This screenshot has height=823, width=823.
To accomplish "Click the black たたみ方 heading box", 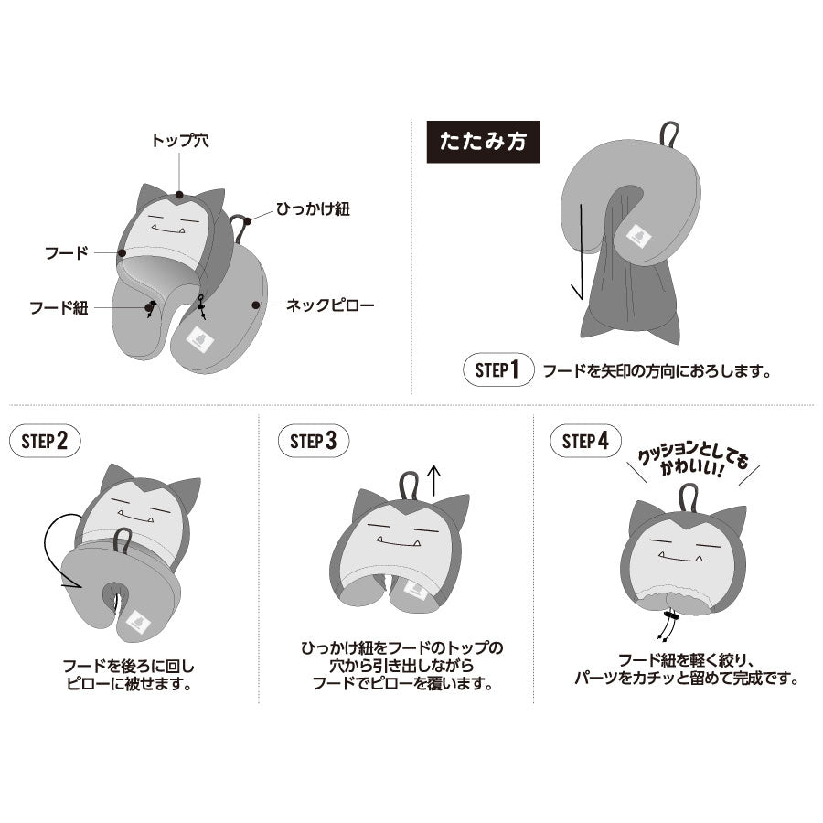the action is click(x=483, y=142).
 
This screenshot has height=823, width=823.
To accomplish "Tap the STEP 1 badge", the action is click(x=498, y=369).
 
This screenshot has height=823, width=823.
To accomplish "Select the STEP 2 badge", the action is click(x=45, y=441).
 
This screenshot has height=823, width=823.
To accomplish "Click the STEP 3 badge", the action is click(x=314, y=441).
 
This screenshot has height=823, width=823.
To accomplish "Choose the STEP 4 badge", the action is click(x=586, y=441).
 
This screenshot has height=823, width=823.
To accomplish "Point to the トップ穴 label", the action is click(x=180, y=140).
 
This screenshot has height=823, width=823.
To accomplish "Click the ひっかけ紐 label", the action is click(x=314, y=208).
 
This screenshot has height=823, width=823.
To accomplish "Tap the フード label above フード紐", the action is click(x=67, y=253).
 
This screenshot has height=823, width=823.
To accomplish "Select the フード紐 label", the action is click(x=59, y=307).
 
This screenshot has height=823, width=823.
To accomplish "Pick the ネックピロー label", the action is click(x=330, y=305).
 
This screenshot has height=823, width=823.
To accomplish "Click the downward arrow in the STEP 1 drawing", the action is click(x=581, y=252).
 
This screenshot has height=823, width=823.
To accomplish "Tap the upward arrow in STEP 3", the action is click(x=434, y=481).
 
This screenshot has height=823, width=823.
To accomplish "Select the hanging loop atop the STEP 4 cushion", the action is click(x=688, y=499).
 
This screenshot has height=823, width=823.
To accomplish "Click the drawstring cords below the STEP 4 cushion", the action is click(x=668, y=626).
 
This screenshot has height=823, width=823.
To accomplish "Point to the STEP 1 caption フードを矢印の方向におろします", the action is click(x=657, y=371).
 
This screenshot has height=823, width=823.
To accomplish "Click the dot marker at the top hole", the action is click(x=179, y=195).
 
